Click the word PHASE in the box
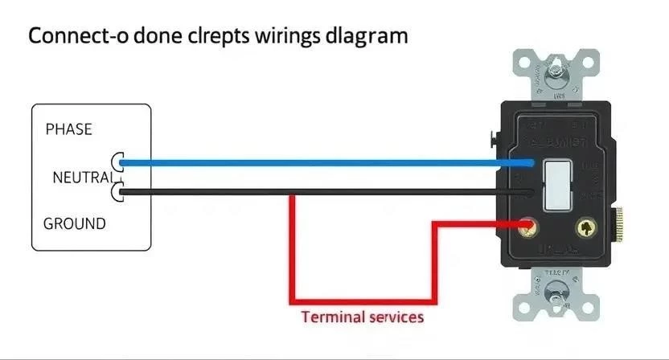pos(69,129)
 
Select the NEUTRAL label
pos(80,177)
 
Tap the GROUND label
pos(74,223)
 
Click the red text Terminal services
pos(362,317)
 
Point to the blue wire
pos(322,162)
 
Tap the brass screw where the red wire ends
pos(528,228)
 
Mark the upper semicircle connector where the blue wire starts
pos(117,162)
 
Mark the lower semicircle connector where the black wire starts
pos(117,191)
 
